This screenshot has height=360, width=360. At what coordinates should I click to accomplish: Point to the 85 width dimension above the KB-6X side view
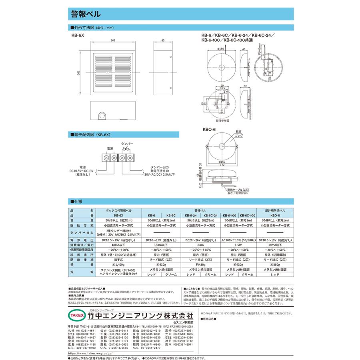point(163,41)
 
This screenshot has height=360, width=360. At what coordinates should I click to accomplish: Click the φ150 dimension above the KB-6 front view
point(220,48)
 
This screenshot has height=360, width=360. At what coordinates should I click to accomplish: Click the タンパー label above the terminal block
point(127,143)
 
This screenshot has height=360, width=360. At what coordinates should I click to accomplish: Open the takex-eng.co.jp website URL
point(90,354)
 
